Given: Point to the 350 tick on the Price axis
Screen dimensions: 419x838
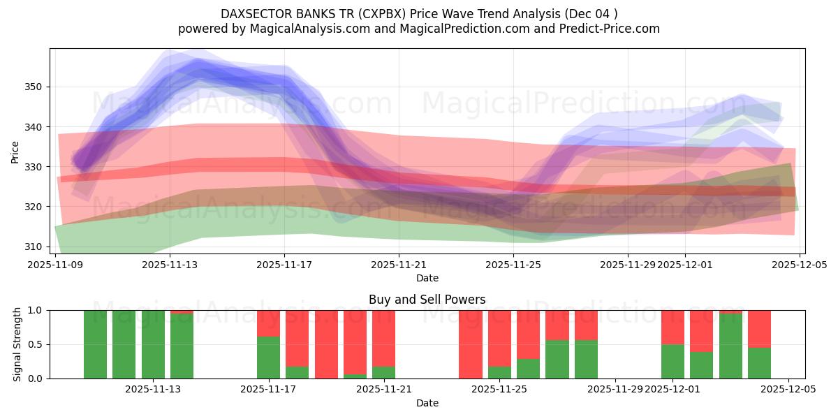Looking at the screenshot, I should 34,87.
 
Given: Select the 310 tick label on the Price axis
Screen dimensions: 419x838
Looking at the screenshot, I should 34,247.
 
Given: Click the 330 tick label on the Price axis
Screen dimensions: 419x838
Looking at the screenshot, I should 34,167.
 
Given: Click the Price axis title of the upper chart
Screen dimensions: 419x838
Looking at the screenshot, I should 15,152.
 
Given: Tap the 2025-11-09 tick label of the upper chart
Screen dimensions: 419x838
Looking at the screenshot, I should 55,265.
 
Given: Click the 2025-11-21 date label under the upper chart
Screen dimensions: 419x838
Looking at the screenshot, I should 399,265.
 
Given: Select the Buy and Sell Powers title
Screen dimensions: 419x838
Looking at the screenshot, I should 427,300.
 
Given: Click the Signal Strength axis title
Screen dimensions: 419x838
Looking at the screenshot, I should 17,344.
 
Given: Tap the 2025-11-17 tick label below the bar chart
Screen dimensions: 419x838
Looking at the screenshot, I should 269,390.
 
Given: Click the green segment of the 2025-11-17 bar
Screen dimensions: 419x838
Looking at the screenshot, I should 269,358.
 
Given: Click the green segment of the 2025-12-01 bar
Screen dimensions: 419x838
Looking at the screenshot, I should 672,362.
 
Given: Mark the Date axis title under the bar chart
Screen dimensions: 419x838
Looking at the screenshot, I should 427,403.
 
